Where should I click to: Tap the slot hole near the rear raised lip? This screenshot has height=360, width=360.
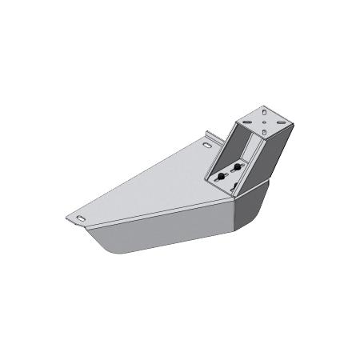pyautogui.click(x=210, y=146)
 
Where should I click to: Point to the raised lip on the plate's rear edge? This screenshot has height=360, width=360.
pyautogui.click(x=206, y=137)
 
